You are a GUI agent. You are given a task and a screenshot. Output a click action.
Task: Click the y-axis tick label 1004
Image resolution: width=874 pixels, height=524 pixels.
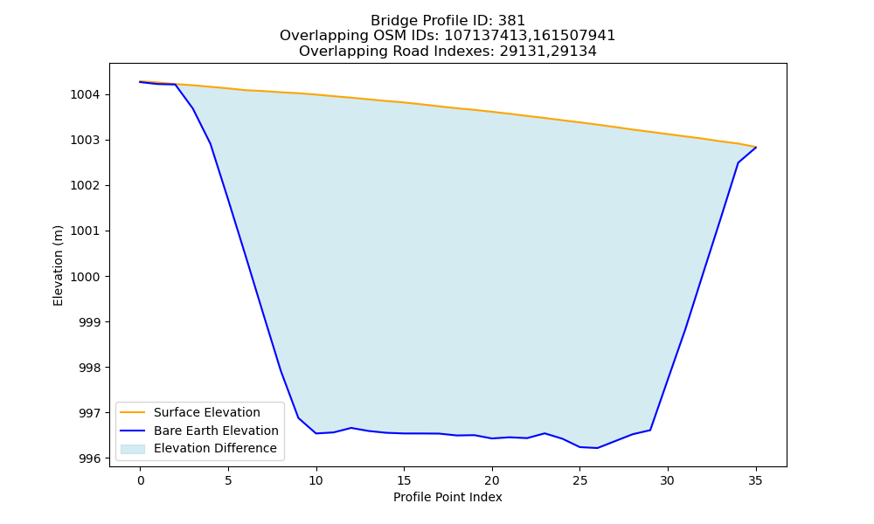point(85,94)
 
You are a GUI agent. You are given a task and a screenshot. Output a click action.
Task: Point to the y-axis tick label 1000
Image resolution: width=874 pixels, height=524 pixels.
point(85,277)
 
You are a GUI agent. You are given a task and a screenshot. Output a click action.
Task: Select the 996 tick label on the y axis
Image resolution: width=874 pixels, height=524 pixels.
point(89,458)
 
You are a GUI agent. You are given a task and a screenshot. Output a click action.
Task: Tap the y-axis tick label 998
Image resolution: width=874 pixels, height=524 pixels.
point(89,368)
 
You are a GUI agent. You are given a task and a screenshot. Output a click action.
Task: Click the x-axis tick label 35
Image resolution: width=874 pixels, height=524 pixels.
point(755,480)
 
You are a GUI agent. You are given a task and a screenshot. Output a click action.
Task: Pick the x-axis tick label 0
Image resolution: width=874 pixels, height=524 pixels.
point(141,480)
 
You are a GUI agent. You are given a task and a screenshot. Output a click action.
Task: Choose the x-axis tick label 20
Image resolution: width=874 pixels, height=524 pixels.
point(491,480)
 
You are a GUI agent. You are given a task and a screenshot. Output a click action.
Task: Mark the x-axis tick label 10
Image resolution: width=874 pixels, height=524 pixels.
point(316,480)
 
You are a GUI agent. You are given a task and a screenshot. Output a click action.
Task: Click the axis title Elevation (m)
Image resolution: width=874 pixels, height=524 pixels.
point(58,265)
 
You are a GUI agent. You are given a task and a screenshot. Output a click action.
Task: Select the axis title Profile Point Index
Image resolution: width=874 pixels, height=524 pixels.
point(447,497)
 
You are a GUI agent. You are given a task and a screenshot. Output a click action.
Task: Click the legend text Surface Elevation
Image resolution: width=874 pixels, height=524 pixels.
point(207,412)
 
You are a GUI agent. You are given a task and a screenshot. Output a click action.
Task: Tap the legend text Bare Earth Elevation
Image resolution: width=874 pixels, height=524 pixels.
point(216,431)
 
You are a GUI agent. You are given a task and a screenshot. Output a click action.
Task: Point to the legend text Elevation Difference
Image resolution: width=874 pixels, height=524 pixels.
point(215,448)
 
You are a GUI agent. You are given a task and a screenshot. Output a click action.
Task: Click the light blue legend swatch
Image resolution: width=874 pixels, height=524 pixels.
point(133,449)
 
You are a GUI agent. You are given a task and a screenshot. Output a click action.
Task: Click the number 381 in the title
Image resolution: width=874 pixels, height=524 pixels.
point(513,21)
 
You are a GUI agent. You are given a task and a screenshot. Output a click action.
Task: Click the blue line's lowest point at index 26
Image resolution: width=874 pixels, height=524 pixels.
point(597,448)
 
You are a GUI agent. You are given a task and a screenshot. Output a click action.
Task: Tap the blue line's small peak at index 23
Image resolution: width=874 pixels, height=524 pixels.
point(545,432)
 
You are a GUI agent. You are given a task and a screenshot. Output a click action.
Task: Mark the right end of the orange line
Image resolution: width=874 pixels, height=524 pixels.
point(756,147)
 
